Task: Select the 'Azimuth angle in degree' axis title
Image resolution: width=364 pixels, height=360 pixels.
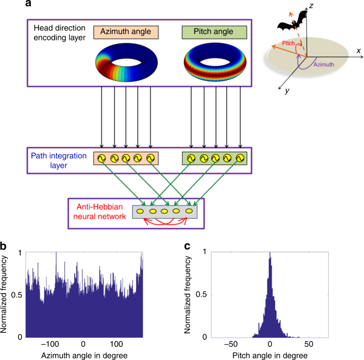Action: (83, 354)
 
